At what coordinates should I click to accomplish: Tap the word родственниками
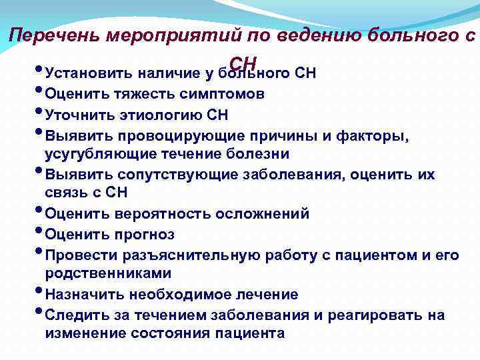pos(108,274)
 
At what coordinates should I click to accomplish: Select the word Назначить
pos(83,294)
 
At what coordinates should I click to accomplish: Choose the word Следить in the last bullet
pos(75,315)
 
